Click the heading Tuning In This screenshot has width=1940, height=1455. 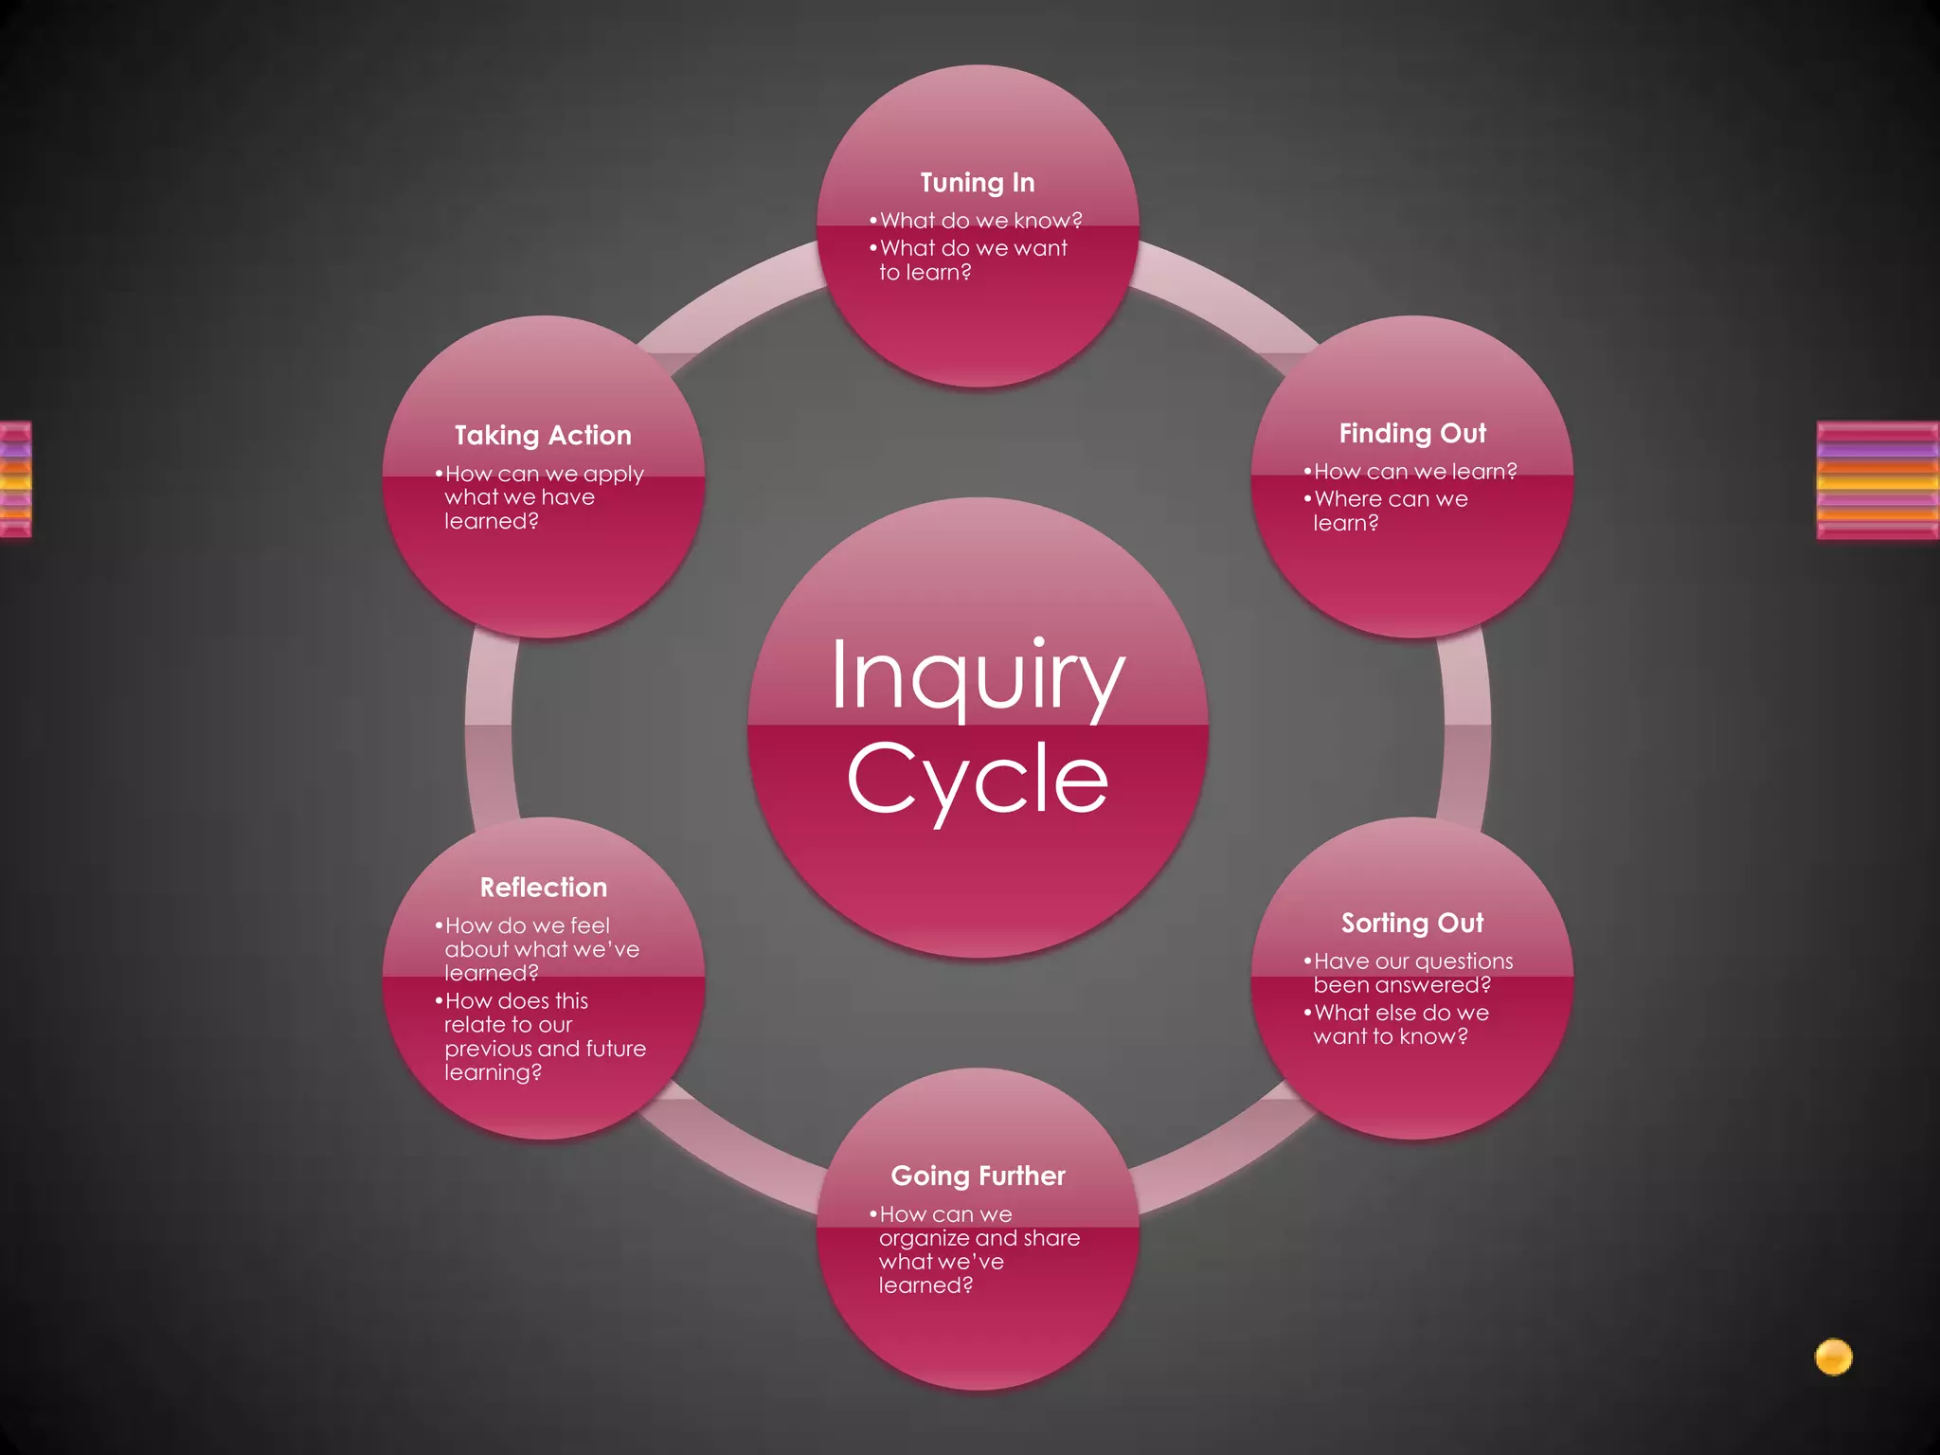coord(977,183)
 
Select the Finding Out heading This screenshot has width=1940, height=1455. coord(1411,434)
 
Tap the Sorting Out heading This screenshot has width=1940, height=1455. coord(1411,923)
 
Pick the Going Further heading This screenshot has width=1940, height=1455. coord(978,1176)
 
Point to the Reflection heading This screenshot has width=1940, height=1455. coord(543,888)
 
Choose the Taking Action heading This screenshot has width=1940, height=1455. coord(543,436)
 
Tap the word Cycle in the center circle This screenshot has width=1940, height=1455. coord(978,780)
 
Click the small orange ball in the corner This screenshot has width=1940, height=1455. coord(1833,1356)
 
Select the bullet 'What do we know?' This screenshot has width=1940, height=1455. coord(980,221)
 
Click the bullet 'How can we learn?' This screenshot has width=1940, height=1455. coord(1414,472)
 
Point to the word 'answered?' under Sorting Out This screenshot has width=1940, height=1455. coord(1446,985)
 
